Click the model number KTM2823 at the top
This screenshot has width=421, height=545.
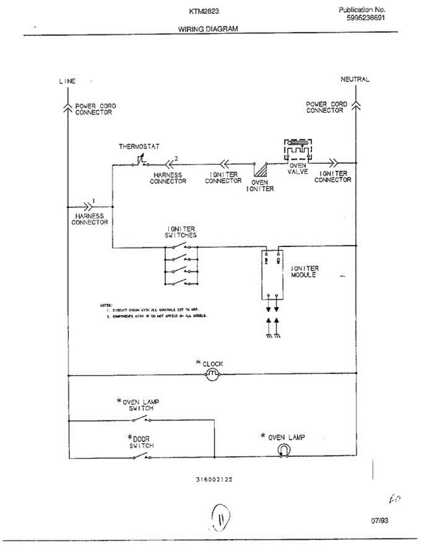pyautogui.click(x=200, y=11)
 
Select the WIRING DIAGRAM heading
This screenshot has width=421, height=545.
pyautogui.click(x=208, y=29)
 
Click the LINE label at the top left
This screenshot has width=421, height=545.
pyautogui.click(x=67, y=81)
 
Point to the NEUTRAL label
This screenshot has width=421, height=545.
pyautogui.click(x=355, y=79)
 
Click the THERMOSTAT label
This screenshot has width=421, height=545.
pyautogui.click(x=139, y=147)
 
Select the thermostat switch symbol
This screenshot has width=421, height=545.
pyautogui.click(x=141, y=161)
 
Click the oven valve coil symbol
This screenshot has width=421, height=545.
pyautogui.click(x=298, y=150)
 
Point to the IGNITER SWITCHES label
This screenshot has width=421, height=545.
pyautogui.click(x=181, y=232)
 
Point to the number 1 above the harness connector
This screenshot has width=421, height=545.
pyautogui.click(x=94, y=200)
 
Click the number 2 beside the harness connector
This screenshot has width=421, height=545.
pyautogui.click(x=176, y=158)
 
